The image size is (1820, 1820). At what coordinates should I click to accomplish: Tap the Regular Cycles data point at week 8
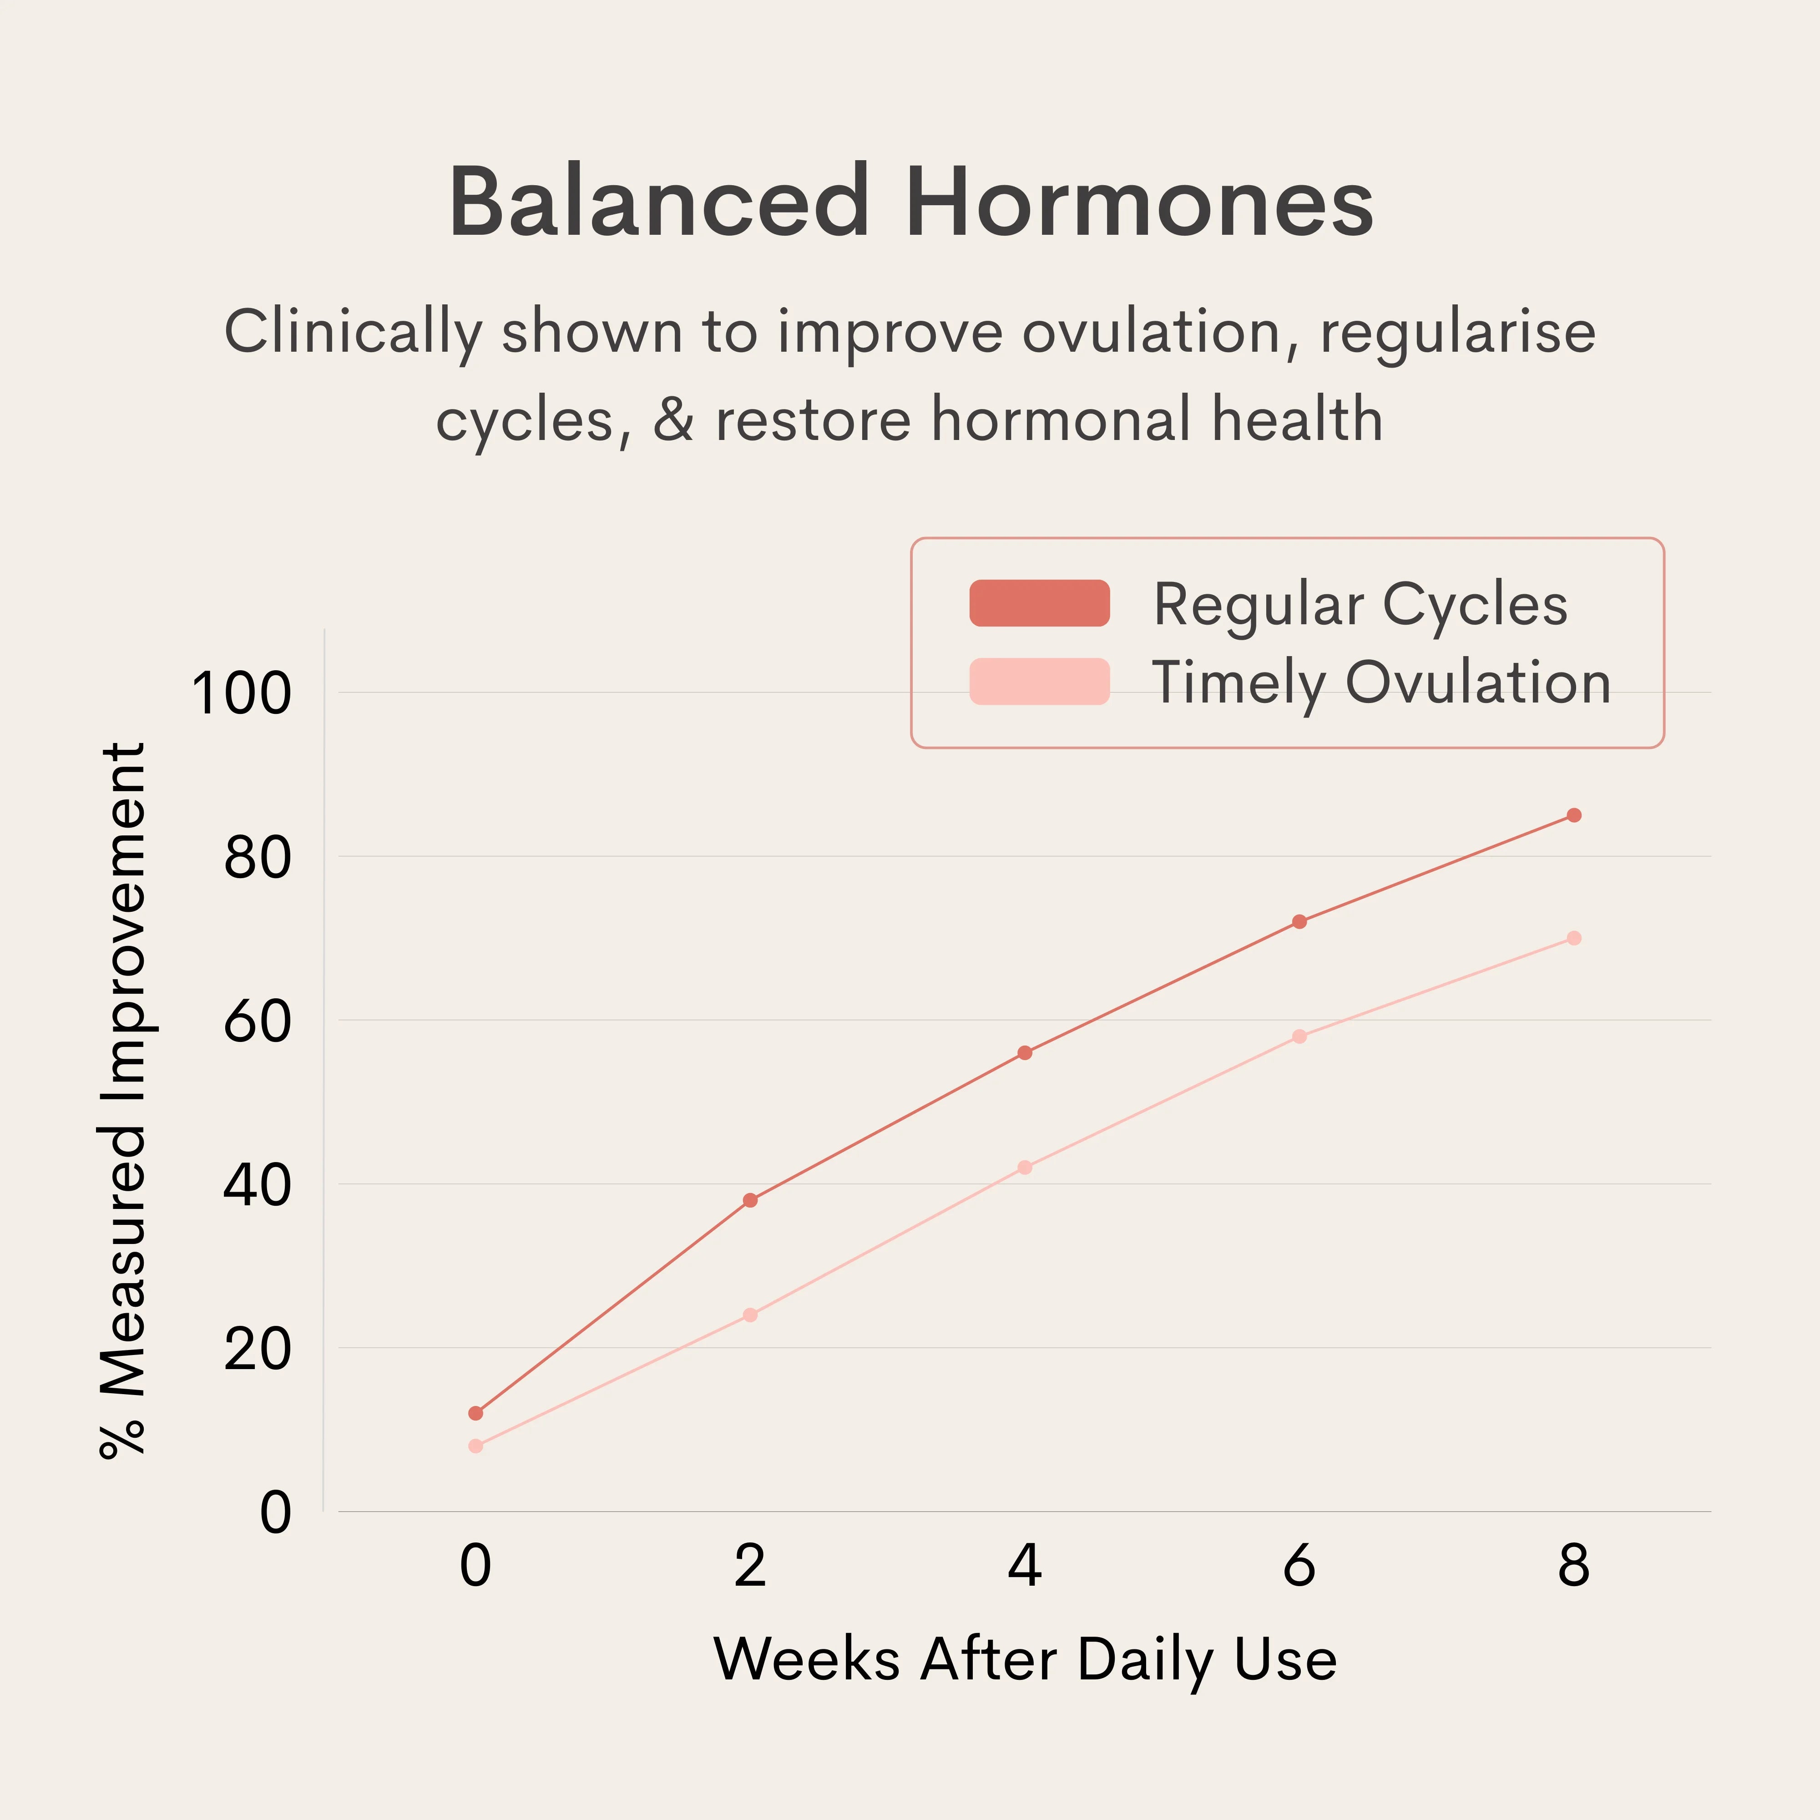[1573, 815]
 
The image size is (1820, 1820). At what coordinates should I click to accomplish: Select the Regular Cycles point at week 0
[476, 1413]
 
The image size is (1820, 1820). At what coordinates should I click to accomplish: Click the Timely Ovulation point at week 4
[1025, 1167]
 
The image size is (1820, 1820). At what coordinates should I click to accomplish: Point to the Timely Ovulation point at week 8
[1573, 938]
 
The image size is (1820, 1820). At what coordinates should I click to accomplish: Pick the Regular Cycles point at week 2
[750, 1200]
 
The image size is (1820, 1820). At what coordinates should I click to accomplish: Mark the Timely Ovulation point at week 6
[1299, 1036]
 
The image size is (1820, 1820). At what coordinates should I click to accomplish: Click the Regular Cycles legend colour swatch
[1039, 603]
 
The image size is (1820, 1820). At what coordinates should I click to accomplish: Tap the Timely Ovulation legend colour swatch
[1039, 681]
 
